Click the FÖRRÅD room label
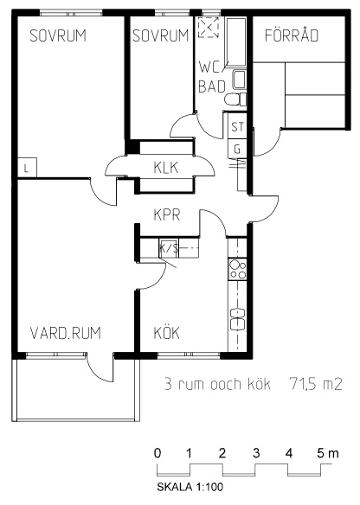click(x=292, y=35)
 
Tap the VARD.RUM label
click(x=66, y=333)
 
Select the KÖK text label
click(x=167, y=332)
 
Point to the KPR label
click(x=167, y=214)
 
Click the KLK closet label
click(x=166, y=168)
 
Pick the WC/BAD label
click(x=212, y=77)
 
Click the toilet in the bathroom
click(x=235, y=99)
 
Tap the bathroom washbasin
click(x=239, y=80)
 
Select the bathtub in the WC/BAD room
click(x=236, y=42)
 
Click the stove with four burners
click(x=237, y=269)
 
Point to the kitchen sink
click(x=237, y=319)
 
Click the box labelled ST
click(x=237, y=126)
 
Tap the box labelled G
click(x=237, y=149)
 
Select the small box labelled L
click(x=27, y=168)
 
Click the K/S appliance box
click(x=169, y=248)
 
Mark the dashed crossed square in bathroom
click(x=209, y=28)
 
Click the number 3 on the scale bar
click(x=256, y=453)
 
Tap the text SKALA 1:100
click(x=190, y=487)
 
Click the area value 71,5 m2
click(x=316, y=384)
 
